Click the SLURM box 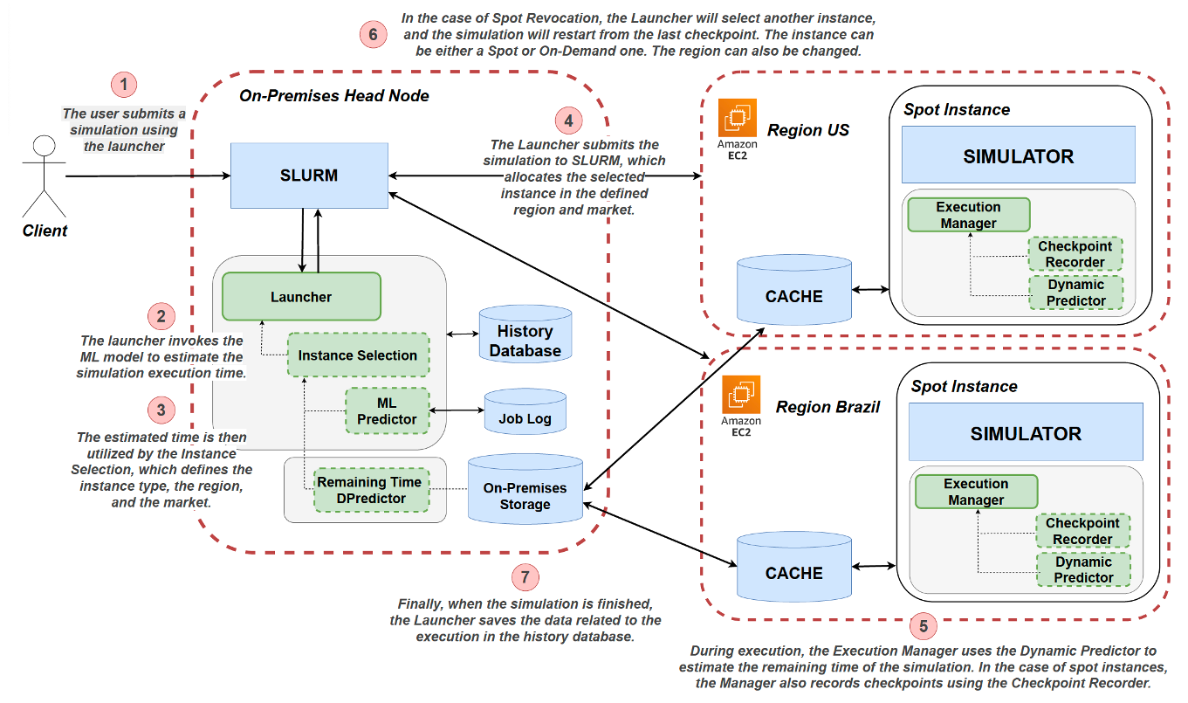click(x=309, y=176)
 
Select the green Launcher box click(x=301, y=297)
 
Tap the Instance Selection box click(x=358, y=355)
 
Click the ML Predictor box click(x=387, y=410)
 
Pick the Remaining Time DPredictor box click(x=370, y=490)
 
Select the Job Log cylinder click(x=525, y=418)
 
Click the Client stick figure click(x=43, y=179)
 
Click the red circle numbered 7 click(x=525, y=576)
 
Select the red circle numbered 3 click(x=161, y=409)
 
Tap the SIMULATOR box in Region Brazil click(x=1026, y=433)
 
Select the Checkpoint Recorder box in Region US click(x=1074, y=254)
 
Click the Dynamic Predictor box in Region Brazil click(x=1082, y=569)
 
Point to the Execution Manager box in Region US click(x=968, y=215)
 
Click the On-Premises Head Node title click(x=334, y=95)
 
